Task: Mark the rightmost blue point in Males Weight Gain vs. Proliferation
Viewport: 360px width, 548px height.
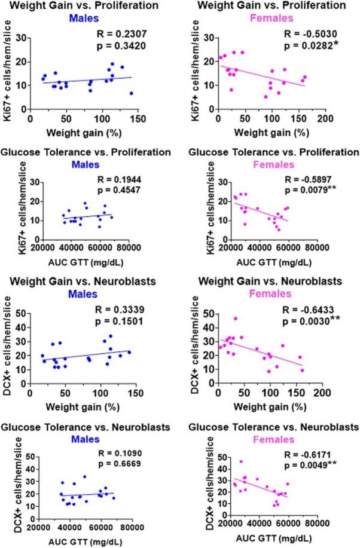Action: (131, 93)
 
